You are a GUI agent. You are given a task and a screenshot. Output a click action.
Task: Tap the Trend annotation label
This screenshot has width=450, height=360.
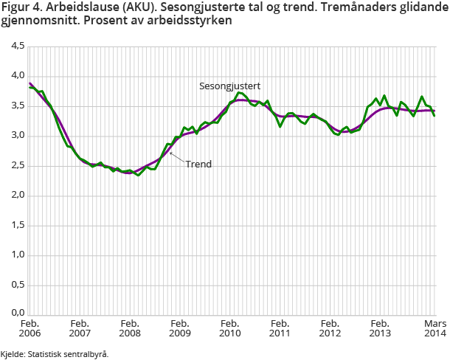tap(198, 164)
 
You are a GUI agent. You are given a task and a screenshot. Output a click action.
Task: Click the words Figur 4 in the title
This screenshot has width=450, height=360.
tap(21, 7)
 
